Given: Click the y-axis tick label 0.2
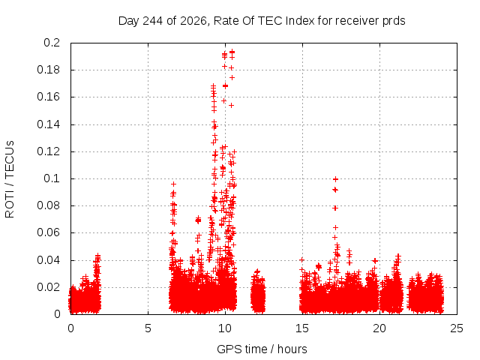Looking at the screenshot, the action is coord(52,43).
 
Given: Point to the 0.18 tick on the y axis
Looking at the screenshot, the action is coord(49,70).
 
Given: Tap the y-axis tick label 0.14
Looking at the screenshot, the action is coord(49,124).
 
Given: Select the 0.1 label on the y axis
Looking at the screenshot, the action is coord(52,178).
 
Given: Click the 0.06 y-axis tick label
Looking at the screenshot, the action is coord(49,232).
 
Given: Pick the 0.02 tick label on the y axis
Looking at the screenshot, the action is coord(49,287).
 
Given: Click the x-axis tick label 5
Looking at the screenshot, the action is coord(148,328).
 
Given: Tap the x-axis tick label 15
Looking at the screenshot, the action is coord(302,328).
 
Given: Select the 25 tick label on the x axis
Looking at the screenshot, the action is coord(457,328).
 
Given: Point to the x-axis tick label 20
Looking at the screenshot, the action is coord(379,328).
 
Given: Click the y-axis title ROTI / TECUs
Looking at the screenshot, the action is coord(10,179).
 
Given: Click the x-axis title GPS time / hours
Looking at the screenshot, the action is coord(262,349).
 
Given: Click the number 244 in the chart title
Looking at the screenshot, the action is coord(153,21).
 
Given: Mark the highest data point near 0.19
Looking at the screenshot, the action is coord(232,52).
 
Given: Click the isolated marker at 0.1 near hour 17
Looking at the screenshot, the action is coord(335,179).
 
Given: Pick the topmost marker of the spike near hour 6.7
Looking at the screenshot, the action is coord(173,184).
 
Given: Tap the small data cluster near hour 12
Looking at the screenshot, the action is coord(258,292).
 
